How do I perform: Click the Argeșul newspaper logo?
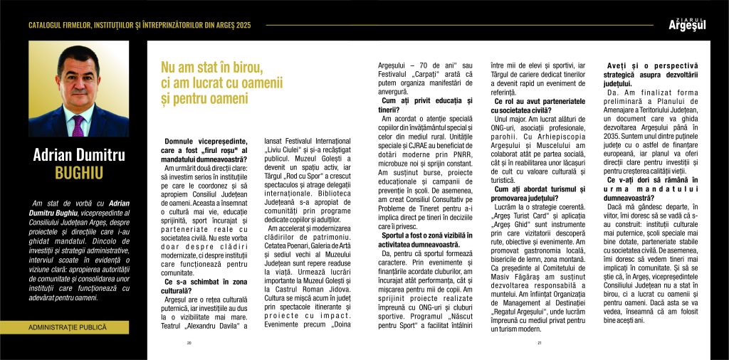(688, 25)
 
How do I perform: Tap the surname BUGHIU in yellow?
(78, 173)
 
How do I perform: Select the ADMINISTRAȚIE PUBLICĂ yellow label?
(69, 328)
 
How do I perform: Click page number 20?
(189, 342)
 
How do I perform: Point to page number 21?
(540, 342)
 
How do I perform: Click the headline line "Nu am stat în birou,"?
(212, 68)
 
